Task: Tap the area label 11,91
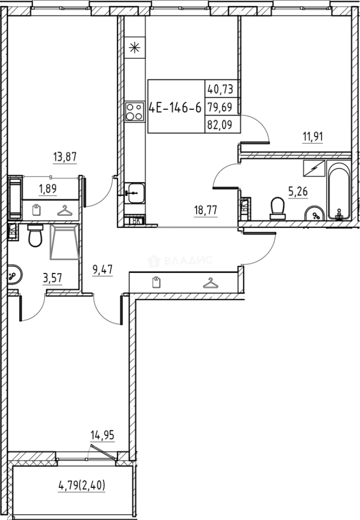312,136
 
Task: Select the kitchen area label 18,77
205,210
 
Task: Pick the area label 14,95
103,437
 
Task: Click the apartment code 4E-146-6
175,107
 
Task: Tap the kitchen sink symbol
134,194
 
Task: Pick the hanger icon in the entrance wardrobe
209,283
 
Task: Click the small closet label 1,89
47,189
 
